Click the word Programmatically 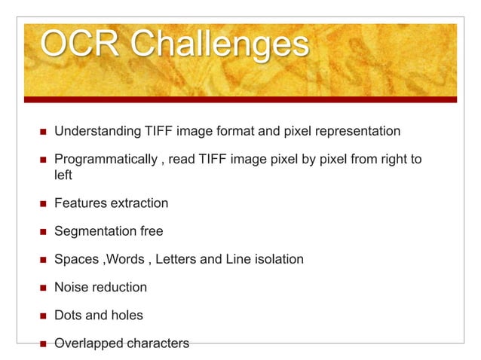[x=103, y=160]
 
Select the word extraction [x=139, y=203]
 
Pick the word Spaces [x=77, y=260]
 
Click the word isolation [x=276, y=260]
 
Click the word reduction [x=121, y=288]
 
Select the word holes [x=125, y=316]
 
